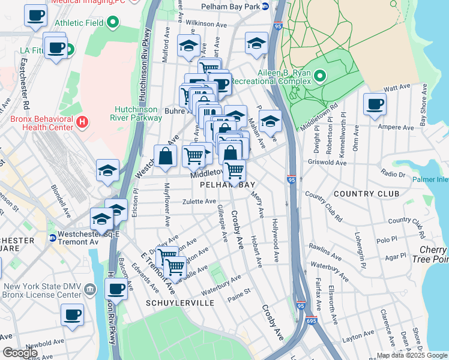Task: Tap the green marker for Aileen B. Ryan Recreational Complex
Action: pos(319,76)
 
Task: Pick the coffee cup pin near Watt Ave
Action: pos(375,104)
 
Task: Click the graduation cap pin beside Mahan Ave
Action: pos(270,122)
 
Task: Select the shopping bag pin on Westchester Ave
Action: pos(164,157)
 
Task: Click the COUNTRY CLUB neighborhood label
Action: pos(366,194)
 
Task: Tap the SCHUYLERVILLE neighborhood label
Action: pos(180,304)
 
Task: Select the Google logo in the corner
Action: pos(20,353)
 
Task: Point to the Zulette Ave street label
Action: pos(199,202)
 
